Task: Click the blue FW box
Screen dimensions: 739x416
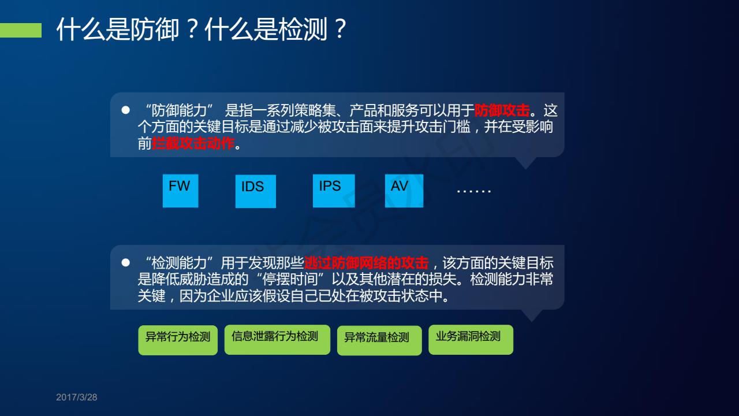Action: click(x=181, y=191)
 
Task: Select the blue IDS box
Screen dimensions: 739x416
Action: click(x=256, y=191)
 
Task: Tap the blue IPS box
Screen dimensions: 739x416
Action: click(x=334, y=191)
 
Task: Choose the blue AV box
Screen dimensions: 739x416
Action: click(x=404, y=191)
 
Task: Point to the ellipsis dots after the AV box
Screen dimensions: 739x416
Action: click(x=474, y=191)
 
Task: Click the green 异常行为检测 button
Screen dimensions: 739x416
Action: click(x=178, y=340)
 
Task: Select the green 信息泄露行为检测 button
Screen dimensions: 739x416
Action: click(x=277, y=340)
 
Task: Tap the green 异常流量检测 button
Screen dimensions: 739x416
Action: click(x=379, y=340)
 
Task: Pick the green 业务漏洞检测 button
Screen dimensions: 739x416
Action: click(x=471, y=340)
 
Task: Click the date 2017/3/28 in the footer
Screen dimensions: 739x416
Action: click(x=77, y=397)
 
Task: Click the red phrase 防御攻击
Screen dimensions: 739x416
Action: click(x=502, y=110)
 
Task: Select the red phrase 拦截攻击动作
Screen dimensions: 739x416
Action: click(x=193, y=143)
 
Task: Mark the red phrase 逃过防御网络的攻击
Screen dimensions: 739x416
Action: click(x=366, y=263)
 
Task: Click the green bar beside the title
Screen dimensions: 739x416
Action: click(x=21, y=31)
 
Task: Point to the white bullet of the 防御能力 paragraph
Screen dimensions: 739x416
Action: click(x=125, y=110)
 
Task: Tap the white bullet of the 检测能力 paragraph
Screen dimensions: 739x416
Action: click(x=125, y=262)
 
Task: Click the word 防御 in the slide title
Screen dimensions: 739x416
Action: click(x=155, y=29)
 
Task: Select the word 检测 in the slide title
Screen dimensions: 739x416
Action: click(x=303, y=29)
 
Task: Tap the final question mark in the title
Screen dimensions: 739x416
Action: click(x=340, y=29)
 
